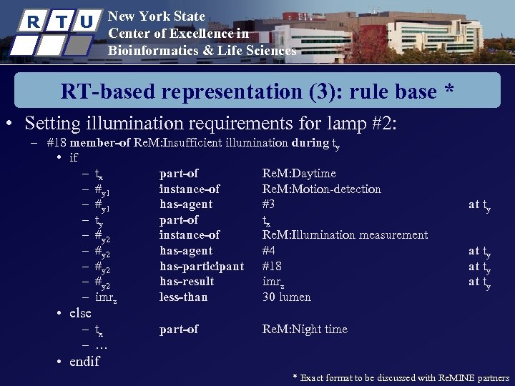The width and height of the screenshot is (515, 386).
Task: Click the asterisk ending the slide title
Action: (x=448, y=91)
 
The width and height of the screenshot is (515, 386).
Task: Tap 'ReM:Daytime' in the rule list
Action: (x=299, y=174)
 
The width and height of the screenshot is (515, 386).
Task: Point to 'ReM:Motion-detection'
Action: (x=321, y=189)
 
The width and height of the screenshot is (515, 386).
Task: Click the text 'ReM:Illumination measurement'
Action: (x=345, y=235)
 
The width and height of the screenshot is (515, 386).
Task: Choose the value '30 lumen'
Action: (x=287, y=297)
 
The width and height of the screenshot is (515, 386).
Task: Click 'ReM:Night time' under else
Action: (x=305, y=330)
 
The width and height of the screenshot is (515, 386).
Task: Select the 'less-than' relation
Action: (x=184, y=297)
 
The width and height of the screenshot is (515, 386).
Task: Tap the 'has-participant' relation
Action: (x=201, y=266)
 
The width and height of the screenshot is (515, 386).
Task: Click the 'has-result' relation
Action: (x=187, y=282)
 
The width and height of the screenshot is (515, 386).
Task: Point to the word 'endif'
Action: (x=84, y=361)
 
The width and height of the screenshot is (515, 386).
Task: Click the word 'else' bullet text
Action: (x=80, y=313)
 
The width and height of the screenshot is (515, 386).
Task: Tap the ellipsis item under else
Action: (x=101, y=345)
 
